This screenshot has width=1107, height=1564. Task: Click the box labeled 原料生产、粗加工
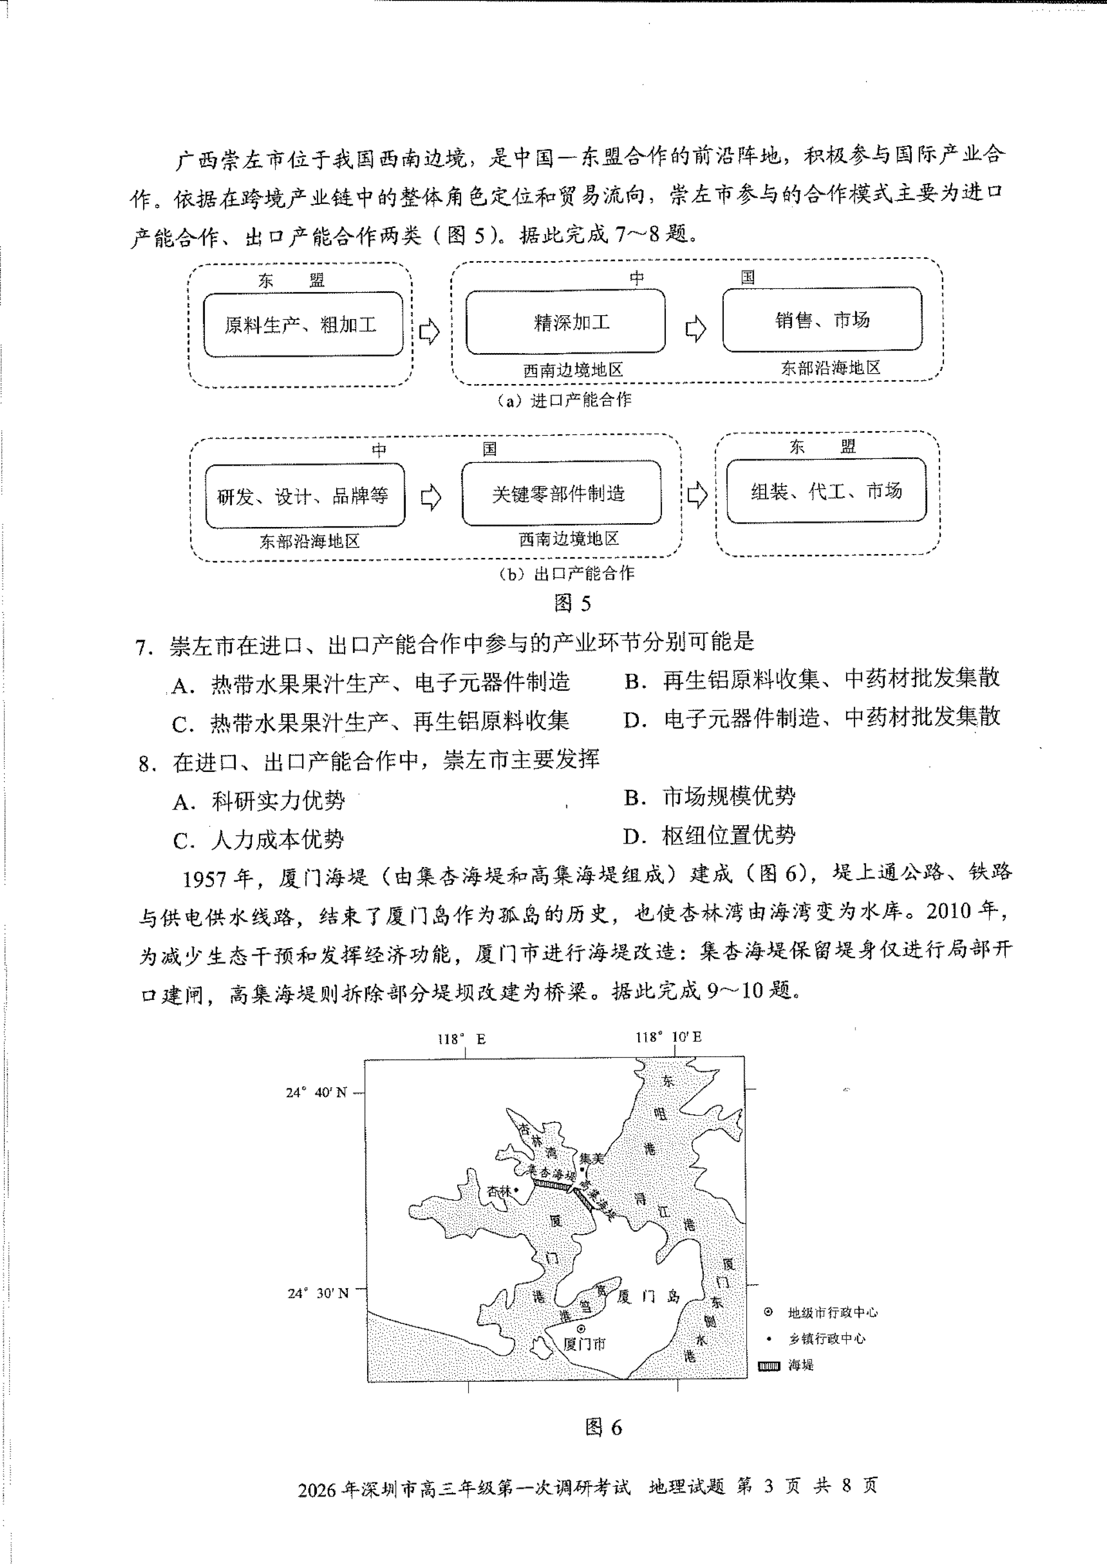(x=303, y=325)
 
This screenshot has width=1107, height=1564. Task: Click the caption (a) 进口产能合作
(x=565, y=400)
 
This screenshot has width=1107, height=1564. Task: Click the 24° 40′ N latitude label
(x=316, y=1092)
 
